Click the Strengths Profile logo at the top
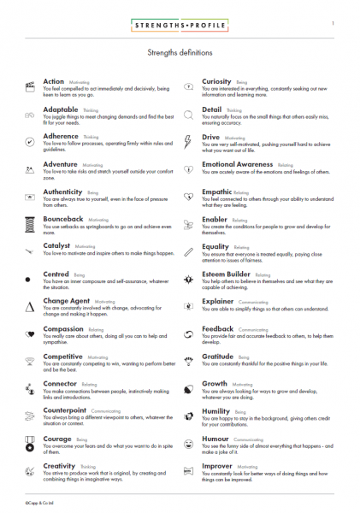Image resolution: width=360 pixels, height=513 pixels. (x=180, y=27)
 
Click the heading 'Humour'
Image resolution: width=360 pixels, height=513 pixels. (x=217, y=437)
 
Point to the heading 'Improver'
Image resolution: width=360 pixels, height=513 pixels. (x=218, y=464)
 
